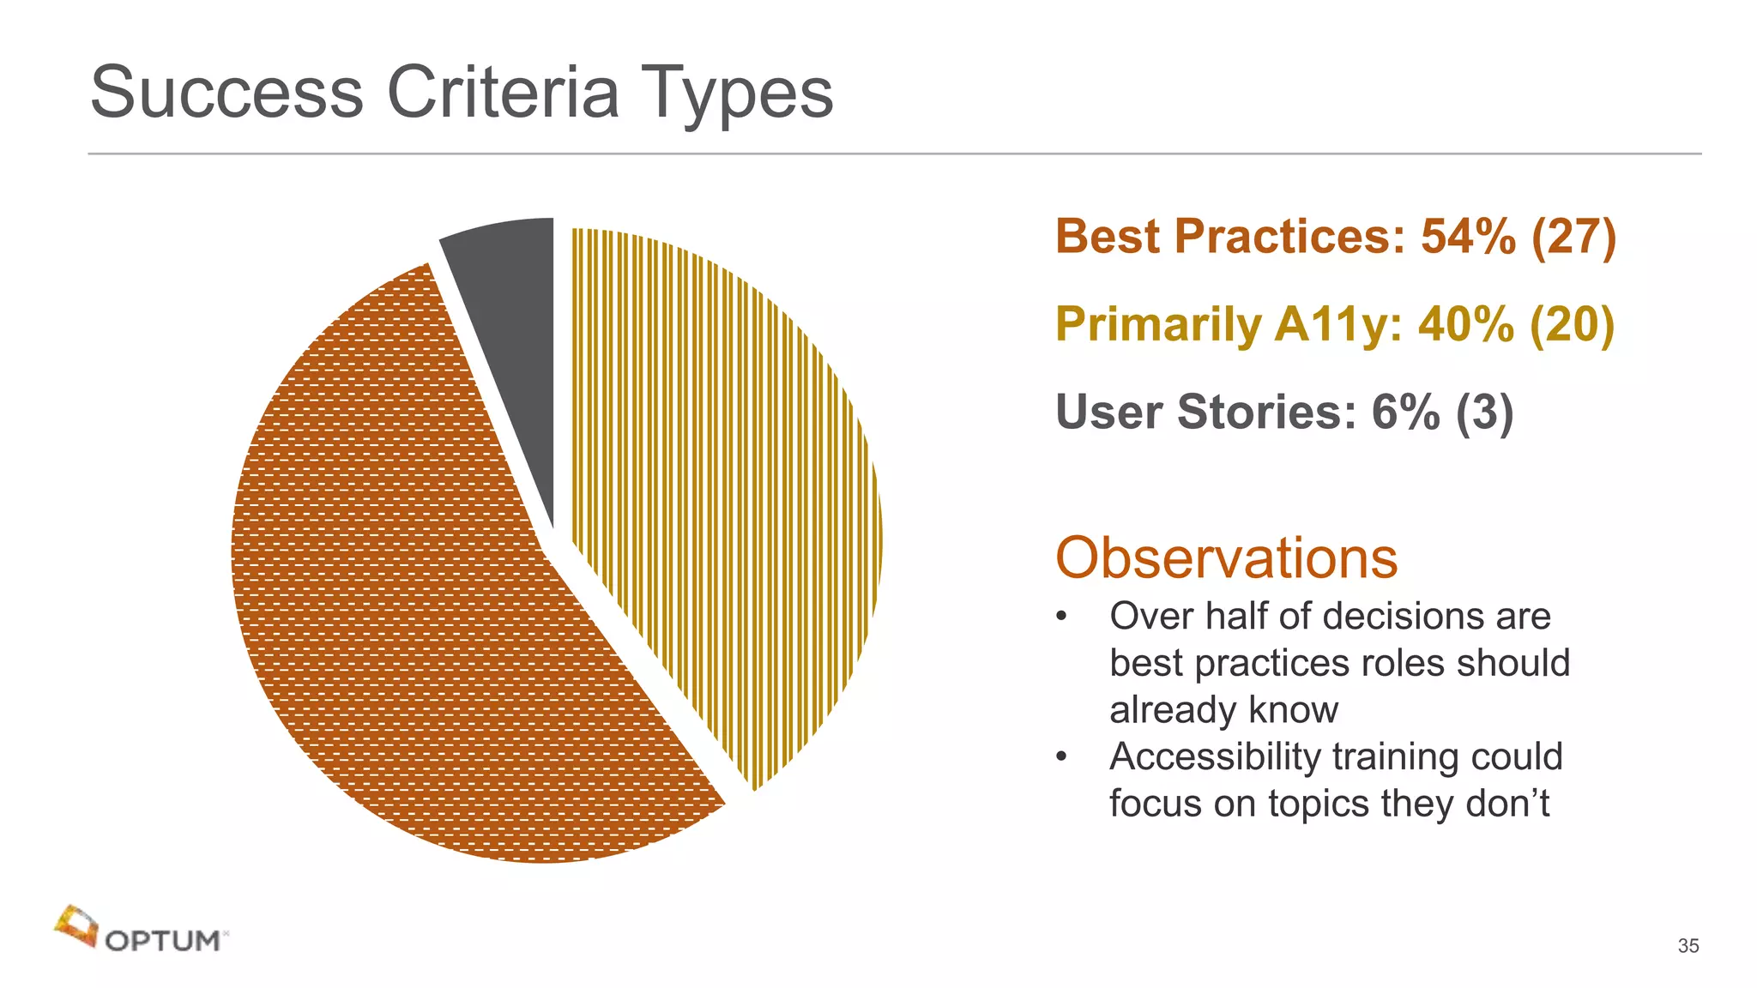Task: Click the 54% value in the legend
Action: (1468, 237)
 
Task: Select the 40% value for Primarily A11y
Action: (1466, 324)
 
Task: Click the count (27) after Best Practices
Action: (1573, 237)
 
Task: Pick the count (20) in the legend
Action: (1572, 324)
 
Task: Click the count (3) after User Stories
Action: (1484, 413)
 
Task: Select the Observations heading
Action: (1226, 558)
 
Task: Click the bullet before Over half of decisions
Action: (1062, 617)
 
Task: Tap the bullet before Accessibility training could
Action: (1062, 756)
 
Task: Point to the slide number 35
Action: (1688, 946)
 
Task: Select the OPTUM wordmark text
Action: (163, 941)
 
